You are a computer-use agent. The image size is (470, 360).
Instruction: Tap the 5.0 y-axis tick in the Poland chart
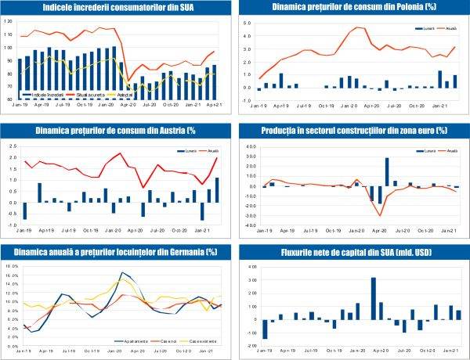(x=248, y=23)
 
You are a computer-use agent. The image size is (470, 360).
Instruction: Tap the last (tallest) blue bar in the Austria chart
(x=216, y=190)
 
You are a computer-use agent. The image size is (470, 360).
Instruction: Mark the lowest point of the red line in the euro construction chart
(x=380, y=215)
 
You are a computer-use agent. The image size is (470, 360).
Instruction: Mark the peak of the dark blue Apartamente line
(x=123, y=272)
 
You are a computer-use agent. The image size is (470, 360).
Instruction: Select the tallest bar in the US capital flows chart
(x=374, y=298)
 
